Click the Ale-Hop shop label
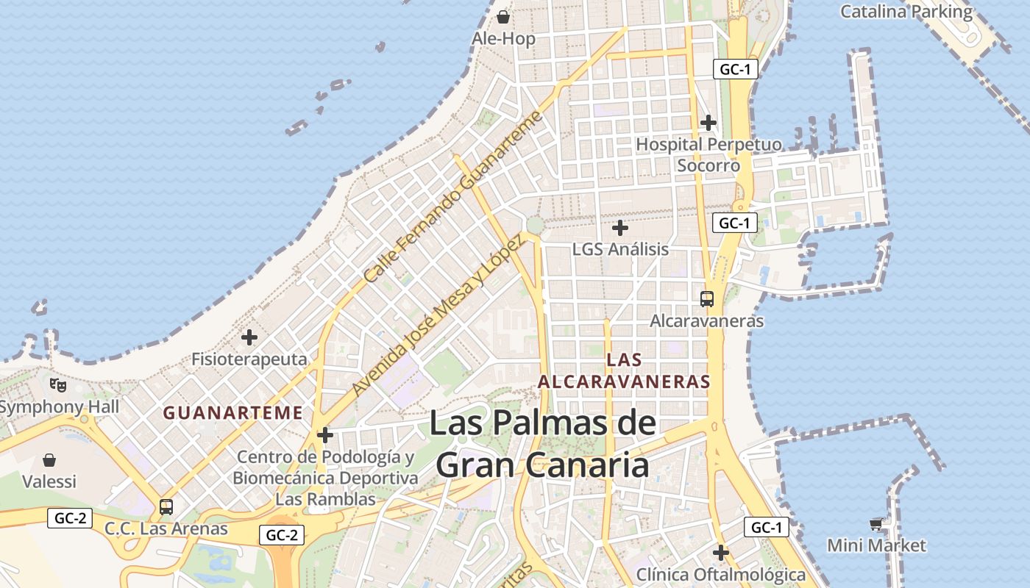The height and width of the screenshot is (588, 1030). (504, 39)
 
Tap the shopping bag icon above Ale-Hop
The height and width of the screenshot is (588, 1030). (503, 16)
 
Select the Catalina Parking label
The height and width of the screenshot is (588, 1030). (906, 12)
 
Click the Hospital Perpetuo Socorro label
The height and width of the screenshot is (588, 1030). (708, 154)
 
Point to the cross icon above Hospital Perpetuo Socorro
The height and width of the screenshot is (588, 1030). (708, 122)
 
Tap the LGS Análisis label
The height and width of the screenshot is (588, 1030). (620, 249)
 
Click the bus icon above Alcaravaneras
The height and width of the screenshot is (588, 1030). (707, 299)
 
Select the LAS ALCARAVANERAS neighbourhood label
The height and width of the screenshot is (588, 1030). (624, 370)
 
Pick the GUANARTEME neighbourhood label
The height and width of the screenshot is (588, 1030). (232, 413)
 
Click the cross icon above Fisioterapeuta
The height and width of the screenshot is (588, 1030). (249, 337)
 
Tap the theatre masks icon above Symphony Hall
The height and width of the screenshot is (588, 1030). (58, 384)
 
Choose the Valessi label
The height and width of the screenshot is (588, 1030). (49, 482)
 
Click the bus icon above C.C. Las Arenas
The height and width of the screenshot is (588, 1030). (166, 507)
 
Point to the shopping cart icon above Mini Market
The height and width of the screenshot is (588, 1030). (876, 524)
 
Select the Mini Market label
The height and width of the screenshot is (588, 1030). (876, 545)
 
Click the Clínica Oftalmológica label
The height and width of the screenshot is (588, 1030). (721, 574)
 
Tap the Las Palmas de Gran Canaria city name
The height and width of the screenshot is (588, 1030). (543, 444)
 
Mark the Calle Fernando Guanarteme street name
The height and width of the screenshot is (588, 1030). (453, 197)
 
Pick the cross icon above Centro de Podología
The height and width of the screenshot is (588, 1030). (324, 435)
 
